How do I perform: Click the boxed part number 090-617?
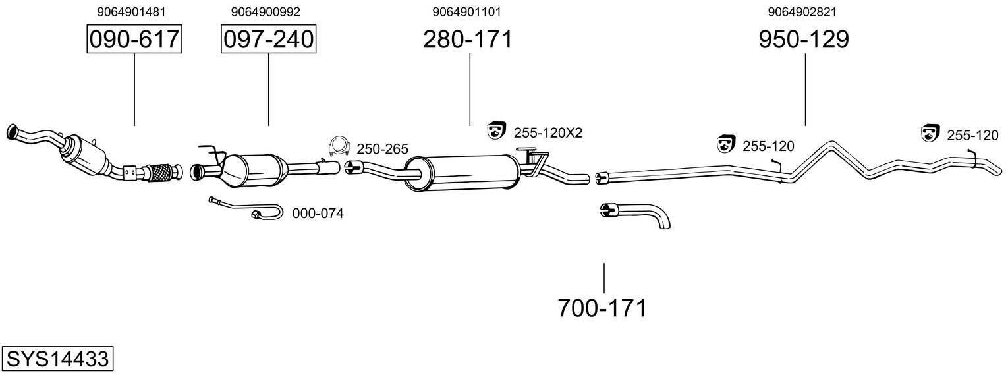click(134, 39)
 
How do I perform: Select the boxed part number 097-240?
click(268, 39)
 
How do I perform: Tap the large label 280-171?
click(468, 39)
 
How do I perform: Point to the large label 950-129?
click(804, 39)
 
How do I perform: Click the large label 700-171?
click(602, 308)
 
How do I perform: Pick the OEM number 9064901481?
click(131, 12)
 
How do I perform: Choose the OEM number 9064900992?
click(266, 12)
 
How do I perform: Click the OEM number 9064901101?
click(466, 12)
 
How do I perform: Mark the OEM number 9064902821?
click(802, 12)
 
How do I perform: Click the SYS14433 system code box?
click(57, 359)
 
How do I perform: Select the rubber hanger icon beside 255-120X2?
click(497, 130)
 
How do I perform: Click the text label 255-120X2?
click(548, 132)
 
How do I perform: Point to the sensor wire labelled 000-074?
click(246, 209)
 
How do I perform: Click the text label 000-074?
click(318, 214)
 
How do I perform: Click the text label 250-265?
click(383, 149)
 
